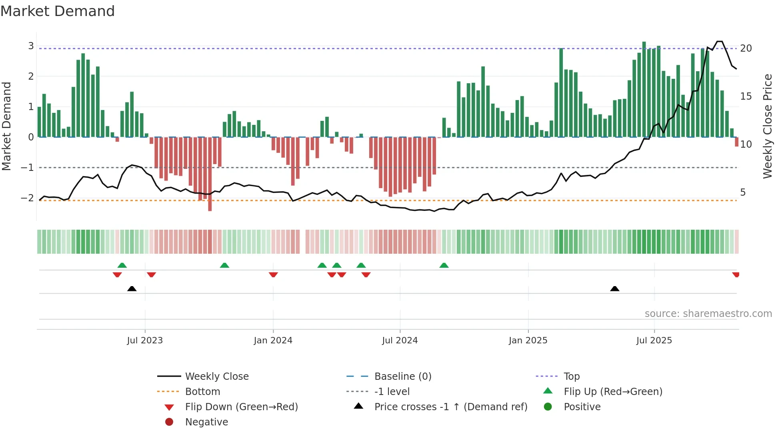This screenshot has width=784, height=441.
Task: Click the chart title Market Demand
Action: pos(58,11)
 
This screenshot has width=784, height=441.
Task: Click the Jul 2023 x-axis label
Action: pos(145,341)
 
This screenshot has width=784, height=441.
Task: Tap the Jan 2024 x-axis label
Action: pos(273,341)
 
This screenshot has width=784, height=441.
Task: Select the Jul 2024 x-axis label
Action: pos(400,341)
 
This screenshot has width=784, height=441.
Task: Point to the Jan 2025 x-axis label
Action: pos(528,341)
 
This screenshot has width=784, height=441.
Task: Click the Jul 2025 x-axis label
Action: pos(654,341)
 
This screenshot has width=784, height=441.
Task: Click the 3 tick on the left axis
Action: pos(31,46)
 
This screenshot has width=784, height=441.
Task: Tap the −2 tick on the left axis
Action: pos(27,198)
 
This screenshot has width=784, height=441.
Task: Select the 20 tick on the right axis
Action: pos(746,48)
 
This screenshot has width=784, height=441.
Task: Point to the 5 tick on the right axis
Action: pos(743,192)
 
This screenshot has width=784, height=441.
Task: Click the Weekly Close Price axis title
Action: pos(767,126)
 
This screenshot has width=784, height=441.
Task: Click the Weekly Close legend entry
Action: pos(216,377)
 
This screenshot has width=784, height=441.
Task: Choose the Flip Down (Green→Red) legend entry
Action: pos(241,407)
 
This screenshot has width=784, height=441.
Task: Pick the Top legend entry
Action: pos(571,377)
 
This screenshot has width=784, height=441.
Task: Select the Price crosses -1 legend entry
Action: pos(450,407)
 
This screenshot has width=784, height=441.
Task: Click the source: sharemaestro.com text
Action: pos(708,314)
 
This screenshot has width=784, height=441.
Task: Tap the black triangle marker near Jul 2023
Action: pos(132,289)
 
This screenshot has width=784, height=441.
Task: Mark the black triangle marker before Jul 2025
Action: pos(615,289)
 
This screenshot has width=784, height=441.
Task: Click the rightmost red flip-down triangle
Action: pos(736,275)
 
